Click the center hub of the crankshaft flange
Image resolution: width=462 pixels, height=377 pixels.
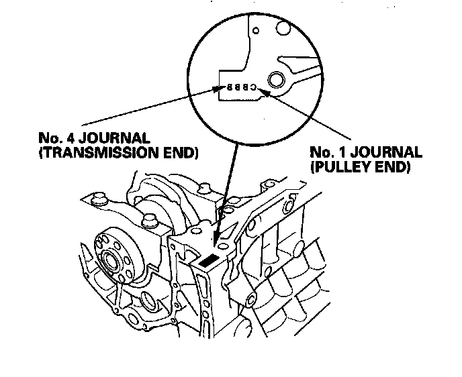[109, 258]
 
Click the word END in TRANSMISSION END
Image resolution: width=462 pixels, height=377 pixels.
[181, 154]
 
